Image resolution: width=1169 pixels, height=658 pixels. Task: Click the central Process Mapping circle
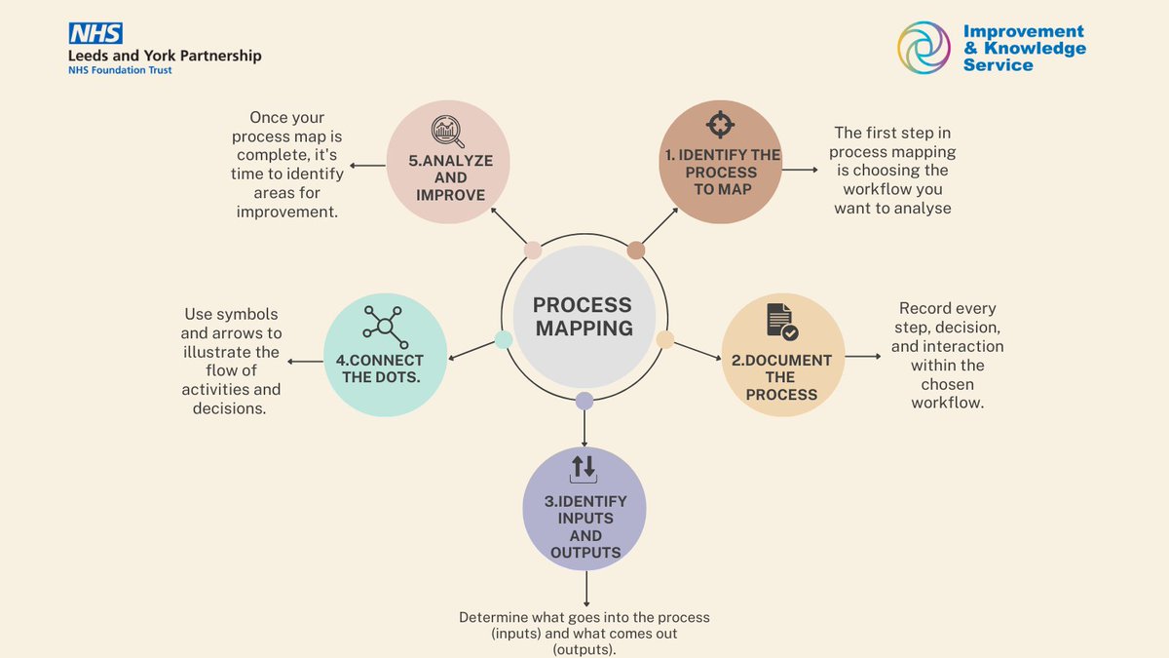tap(584, 317)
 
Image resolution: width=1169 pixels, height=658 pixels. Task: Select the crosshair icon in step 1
tap(720, 124)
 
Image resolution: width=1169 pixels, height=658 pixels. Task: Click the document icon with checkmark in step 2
tap(781, 321)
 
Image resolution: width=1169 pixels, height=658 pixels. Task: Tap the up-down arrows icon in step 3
tap(584, 468)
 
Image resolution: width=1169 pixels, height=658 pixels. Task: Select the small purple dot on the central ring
tap(584, 401)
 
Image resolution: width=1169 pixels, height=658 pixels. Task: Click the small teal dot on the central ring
tap(504, 339)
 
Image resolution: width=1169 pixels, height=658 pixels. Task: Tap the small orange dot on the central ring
tap(665, 339)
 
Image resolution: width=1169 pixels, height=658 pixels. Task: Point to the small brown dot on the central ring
tap(636, 251)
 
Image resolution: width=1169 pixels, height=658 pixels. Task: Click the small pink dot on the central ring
tap(533, 251)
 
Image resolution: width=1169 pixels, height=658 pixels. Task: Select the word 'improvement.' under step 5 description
tap(287, 212)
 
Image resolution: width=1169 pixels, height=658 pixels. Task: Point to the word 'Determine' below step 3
tap(498, 618)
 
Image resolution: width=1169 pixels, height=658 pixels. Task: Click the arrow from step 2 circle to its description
tap(863, 356)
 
